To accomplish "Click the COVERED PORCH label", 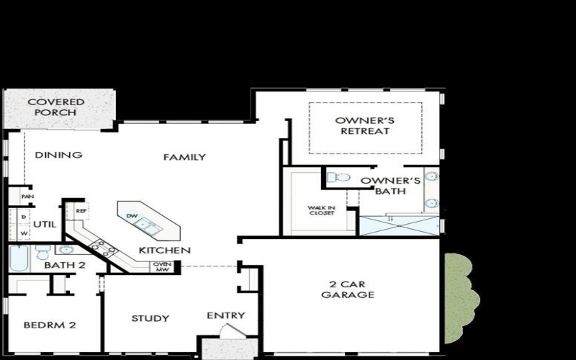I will [55, 107].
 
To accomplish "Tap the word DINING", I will [58, 155].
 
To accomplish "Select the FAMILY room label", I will [184, 157].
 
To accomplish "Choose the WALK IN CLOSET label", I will [321, 210].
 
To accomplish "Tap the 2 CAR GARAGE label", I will [348, 289].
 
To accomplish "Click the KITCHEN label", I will [165, 251].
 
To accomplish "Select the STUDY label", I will [150, 318].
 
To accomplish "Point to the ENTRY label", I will [226, 315].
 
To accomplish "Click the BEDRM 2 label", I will [50, 325].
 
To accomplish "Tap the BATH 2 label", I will [65, 266].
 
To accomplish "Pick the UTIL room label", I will [44, 224].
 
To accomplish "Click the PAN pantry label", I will [27, 196].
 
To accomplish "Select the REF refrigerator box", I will [81, 212].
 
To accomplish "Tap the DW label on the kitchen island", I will [132, 216].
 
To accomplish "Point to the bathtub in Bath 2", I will [19, 257].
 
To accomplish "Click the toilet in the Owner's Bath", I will [339, 176].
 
